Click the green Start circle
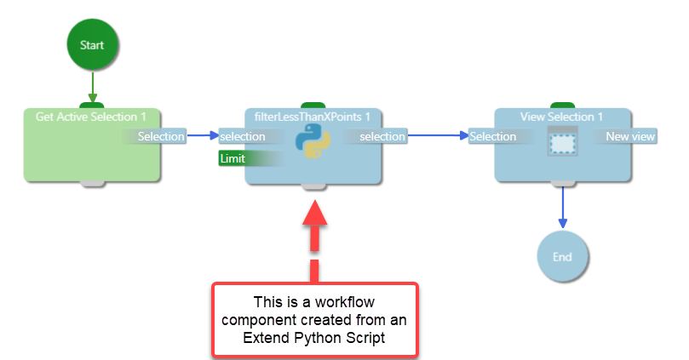92,43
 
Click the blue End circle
563,257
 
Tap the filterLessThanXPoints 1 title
313,117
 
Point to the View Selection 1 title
561,117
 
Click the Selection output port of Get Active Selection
161,136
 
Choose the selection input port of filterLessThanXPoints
242,136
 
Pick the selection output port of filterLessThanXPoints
382,136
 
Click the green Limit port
233,158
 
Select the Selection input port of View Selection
493,136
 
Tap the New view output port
629,136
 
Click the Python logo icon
313,143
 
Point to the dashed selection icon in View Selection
563,142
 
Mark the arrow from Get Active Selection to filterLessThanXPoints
202,135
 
